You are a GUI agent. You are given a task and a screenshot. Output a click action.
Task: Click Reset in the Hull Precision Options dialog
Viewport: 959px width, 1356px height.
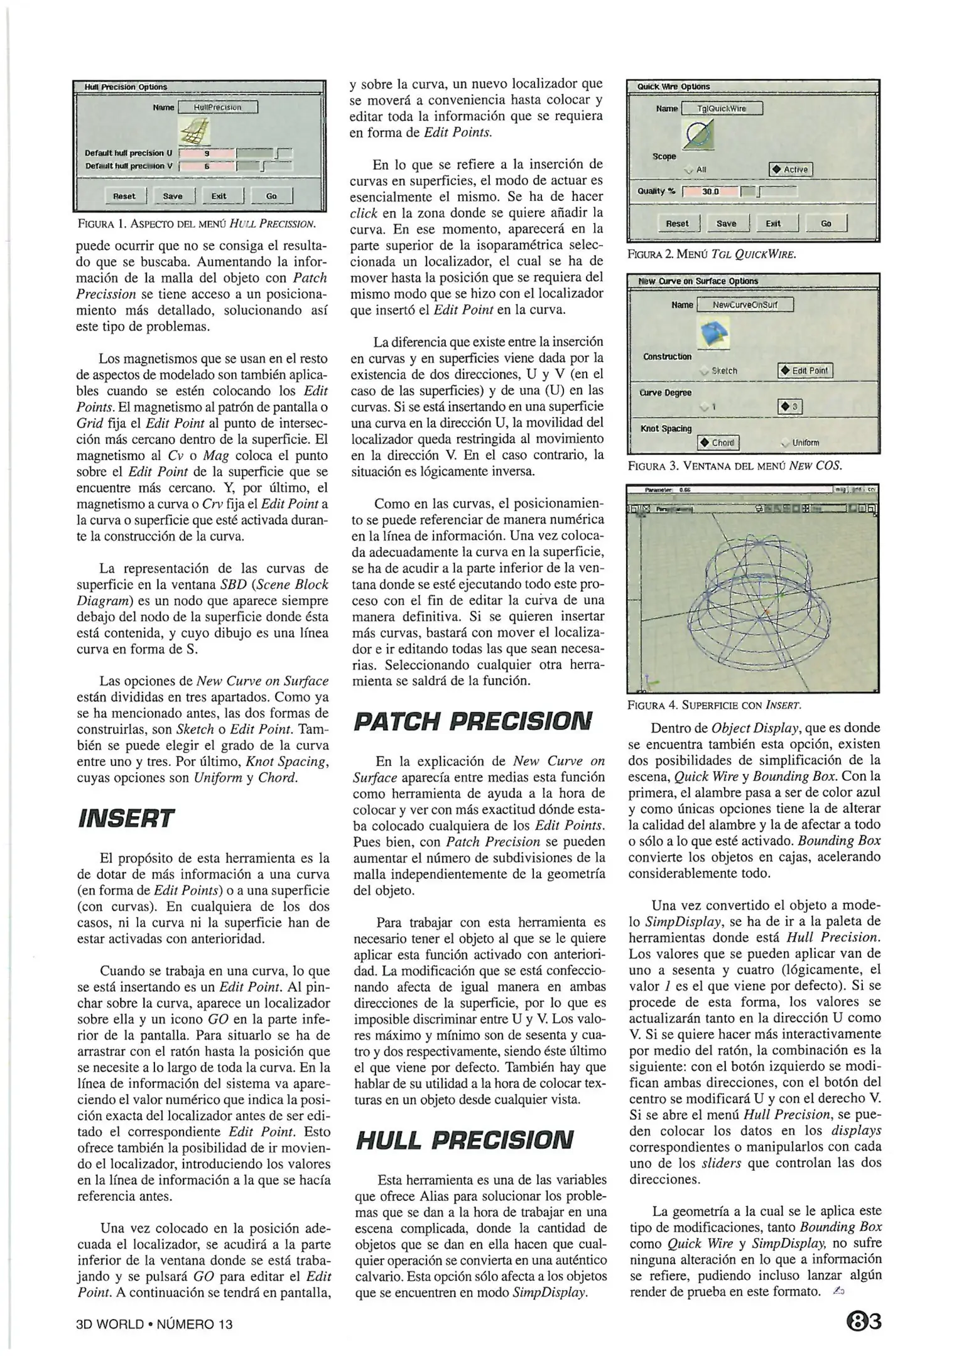[x=124, y=196]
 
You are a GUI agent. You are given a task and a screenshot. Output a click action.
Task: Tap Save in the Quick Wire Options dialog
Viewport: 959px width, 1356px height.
[x=726, y=223]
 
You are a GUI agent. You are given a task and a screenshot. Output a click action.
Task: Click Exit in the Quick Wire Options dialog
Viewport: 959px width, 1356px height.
[x=773, y=223]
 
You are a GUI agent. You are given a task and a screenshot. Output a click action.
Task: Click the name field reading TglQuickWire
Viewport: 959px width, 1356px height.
[x=722, y=109]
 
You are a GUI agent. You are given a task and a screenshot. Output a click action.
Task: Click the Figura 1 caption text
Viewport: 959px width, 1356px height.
[x=195, y=223]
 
